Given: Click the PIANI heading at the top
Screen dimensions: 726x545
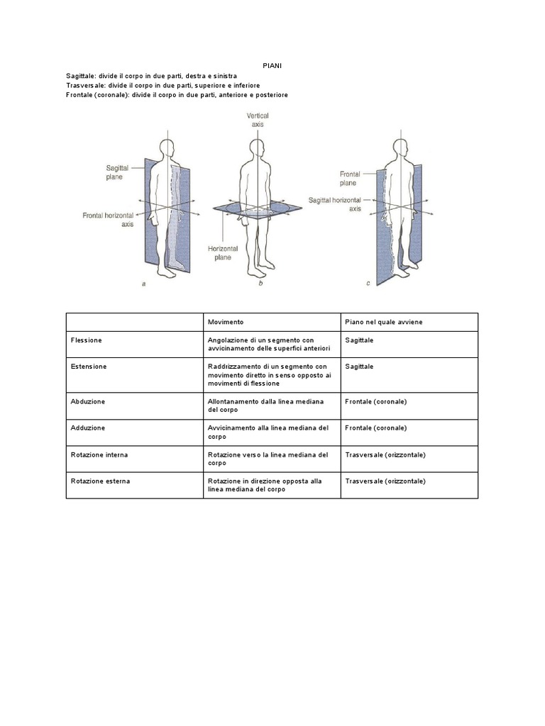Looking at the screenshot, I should (272, 65).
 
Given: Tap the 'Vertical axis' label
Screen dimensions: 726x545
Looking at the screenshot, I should (257, 120).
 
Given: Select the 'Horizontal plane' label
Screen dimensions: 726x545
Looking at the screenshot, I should (223, 253).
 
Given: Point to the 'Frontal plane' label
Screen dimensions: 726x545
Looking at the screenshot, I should (353, 178).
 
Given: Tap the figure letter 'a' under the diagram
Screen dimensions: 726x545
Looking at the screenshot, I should (144, 284).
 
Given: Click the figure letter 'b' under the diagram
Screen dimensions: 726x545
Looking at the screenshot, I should (260, 284).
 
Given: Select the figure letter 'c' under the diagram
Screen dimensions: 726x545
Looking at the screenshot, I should (368, 284).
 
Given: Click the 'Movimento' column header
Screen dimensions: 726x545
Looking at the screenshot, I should (226, 322).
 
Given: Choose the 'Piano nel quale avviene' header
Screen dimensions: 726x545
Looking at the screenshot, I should (383, 322).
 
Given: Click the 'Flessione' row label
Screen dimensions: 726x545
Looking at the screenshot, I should (87, 340).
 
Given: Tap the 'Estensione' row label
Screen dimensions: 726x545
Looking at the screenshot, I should (89, 367).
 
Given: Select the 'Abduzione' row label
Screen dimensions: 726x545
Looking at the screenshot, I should (88, 401).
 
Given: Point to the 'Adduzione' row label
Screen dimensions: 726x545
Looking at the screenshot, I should (88, 428).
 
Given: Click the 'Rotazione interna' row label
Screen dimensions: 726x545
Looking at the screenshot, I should (99, 454).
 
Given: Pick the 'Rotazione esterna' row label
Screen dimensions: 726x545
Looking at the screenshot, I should (100, 481).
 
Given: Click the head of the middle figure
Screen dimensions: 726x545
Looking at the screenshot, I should (258, 147).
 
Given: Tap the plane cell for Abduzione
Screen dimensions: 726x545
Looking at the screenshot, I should (376, 401).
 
